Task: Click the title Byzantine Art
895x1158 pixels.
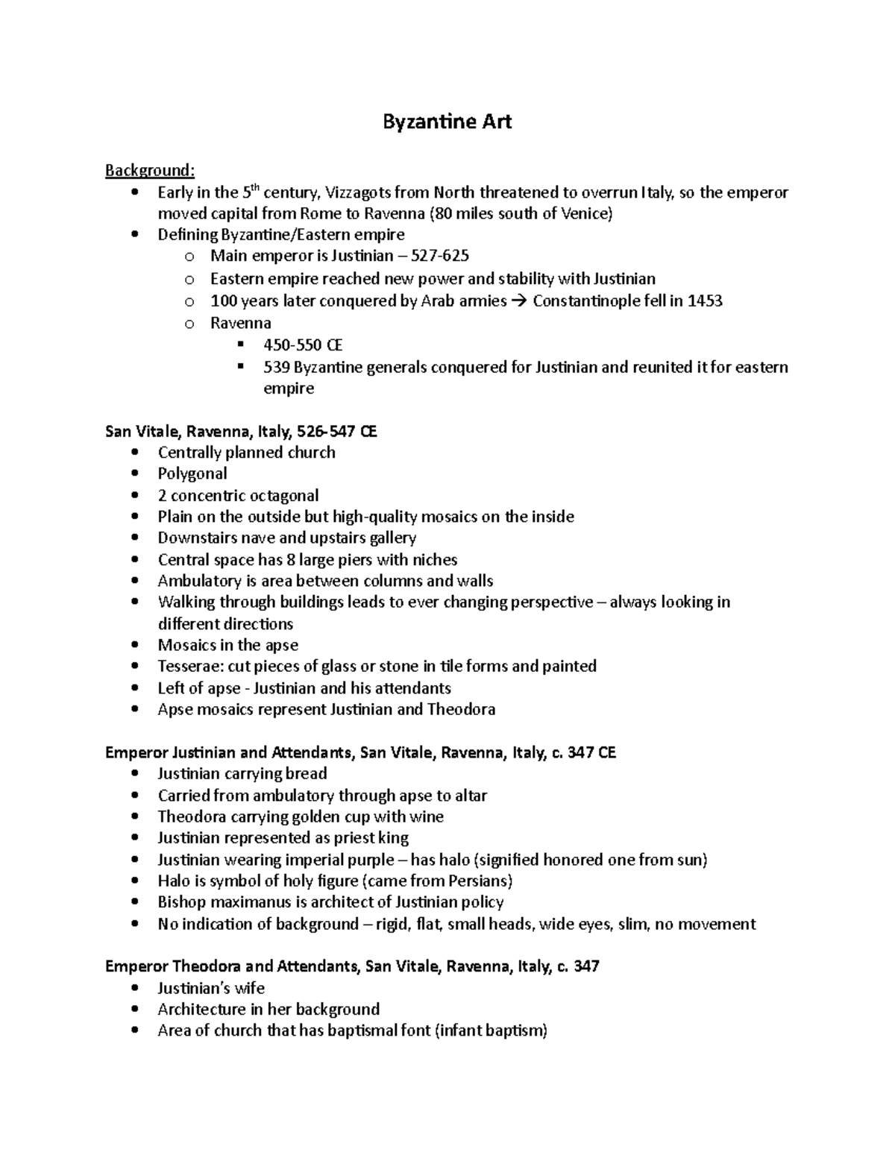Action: [x=447, y=122]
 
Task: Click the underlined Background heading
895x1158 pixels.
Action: [x=149, y=171]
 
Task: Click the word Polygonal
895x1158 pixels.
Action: [x=192, y=473]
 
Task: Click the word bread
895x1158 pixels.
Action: [x=307, y=773]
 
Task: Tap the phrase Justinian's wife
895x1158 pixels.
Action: [x=211, y=988]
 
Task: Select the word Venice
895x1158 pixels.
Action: [x=585, y=214]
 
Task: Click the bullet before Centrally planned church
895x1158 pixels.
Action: [x=134, y=453]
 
